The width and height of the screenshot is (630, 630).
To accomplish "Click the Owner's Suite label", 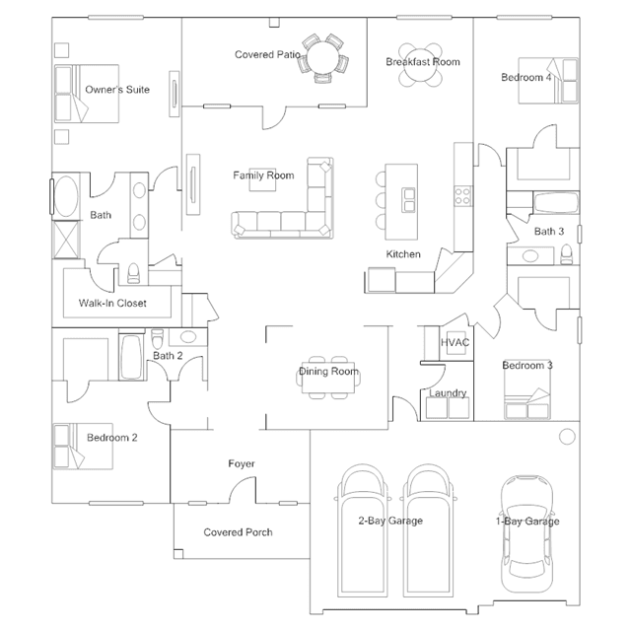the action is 117,89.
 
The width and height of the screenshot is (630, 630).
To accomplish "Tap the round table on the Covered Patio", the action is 324,58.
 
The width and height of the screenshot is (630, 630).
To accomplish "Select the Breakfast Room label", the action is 423,62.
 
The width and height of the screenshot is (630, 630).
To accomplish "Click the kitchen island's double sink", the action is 409,200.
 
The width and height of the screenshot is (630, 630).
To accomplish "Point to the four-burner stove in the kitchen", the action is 462,196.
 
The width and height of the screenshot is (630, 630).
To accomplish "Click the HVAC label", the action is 455,342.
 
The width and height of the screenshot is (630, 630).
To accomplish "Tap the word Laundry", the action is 448,393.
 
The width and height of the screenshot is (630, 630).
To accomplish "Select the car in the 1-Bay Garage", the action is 526,534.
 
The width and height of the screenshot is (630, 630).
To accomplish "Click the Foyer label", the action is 242,463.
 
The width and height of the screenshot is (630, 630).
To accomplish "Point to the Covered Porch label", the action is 238,532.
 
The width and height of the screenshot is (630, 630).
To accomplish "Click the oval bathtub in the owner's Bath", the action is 66,196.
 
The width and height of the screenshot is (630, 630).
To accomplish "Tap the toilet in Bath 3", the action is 566,254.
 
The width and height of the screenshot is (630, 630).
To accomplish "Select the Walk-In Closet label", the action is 112,303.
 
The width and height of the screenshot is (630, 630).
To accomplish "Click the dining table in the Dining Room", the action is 328,378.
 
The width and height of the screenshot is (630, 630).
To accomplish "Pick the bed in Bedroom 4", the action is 548,81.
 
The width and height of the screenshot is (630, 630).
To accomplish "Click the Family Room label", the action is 263,175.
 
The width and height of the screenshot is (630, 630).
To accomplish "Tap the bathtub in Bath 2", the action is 131,357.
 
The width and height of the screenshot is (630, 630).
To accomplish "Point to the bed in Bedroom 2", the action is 83,446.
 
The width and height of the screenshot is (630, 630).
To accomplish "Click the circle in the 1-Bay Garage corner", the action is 567,437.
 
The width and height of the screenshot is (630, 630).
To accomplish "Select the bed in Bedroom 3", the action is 527,389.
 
